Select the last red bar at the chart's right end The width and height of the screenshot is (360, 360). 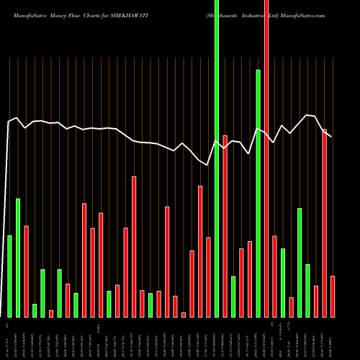coord(333,296)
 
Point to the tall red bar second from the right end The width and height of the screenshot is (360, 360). coord(325,222)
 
